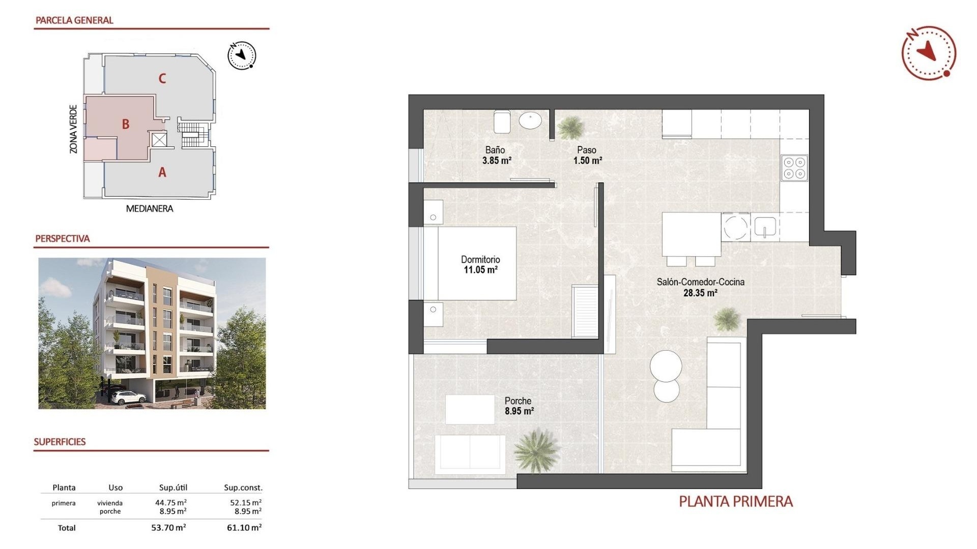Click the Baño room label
(495, 150)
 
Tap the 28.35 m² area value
(700, 293)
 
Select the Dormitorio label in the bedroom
(480, 259)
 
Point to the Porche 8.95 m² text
(519, 406)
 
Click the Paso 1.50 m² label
(587, 155)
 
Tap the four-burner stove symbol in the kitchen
(794, 168)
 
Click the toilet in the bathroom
(502, 121)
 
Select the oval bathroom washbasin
(530, 120)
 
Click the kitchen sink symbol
(764, 227)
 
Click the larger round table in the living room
(666, 365)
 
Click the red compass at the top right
(928, 53)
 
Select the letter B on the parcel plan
(126, 124)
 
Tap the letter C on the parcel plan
(162, 78)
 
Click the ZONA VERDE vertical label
(73, 129)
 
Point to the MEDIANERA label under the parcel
(149, 208)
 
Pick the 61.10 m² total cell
(244, 528)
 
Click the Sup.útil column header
(173, 487)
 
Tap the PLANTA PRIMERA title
(735, 502)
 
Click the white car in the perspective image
(127, 397)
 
